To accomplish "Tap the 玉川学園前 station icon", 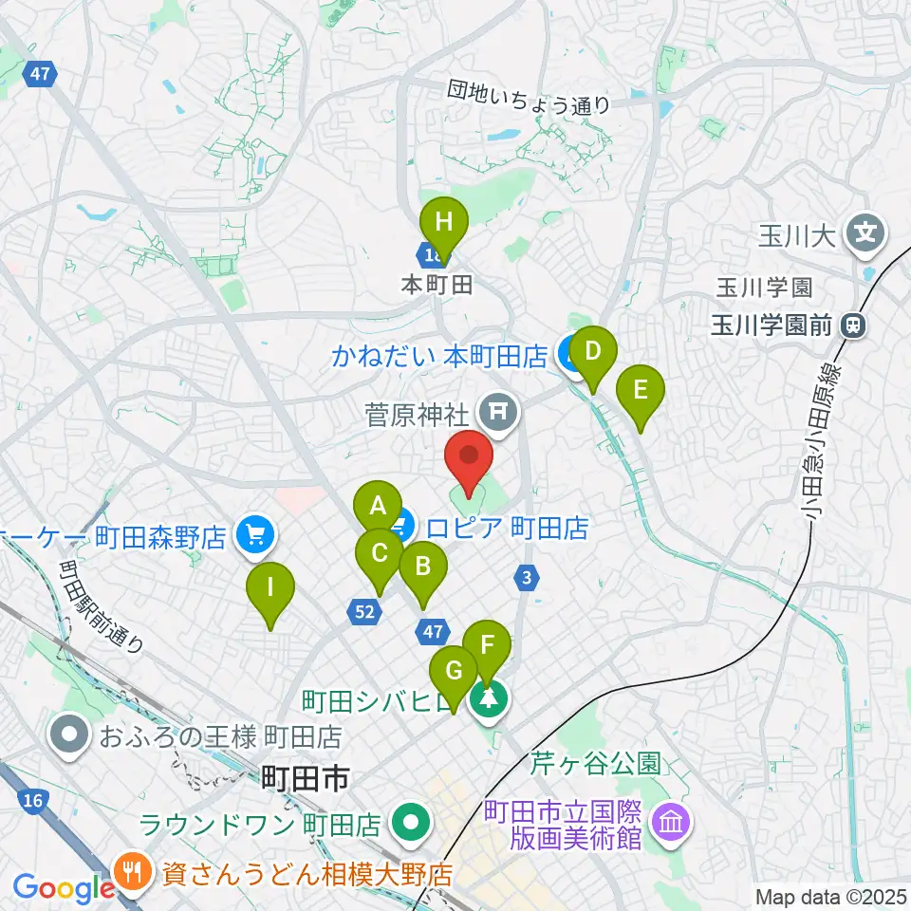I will tap(852, 327).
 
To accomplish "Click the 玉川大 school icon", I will tap(866, 231).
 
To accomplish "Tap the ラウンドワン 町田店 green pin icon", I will tap(412, 823).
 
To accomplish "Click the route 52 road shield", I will tap(365, 614).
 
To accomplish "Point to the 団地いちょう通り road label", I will tap(530, 98).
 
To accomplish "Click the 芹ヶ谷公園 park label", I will tap(595, 761).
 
